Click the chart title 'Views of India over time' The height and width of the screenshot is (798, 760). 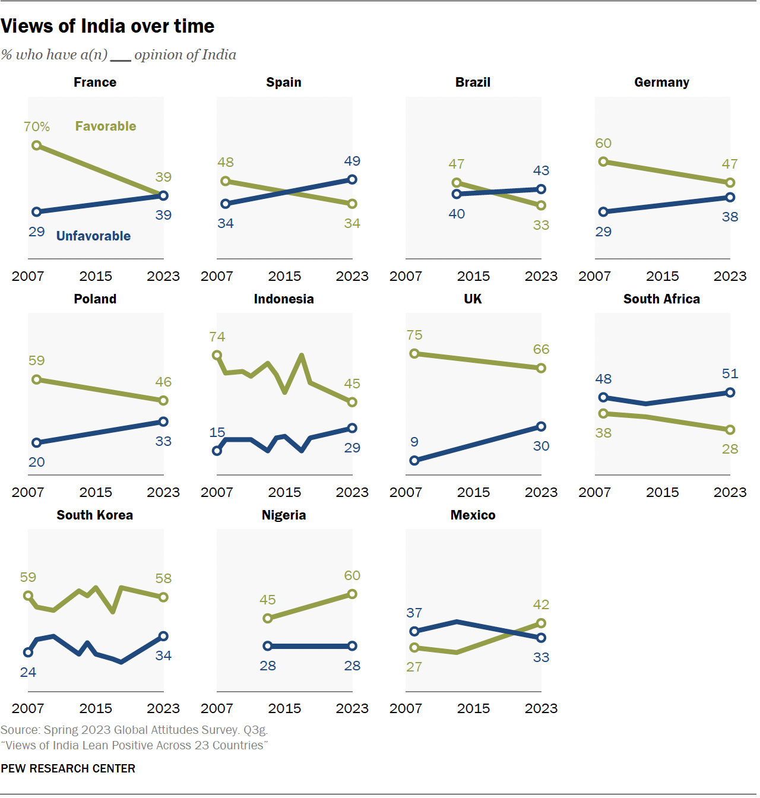(x=107, y=26)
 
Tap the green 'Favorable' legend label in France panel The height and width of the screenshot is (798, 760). (x=106, y=126)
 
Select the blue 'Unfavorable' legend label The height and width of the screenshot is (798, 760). (x=93, y=236)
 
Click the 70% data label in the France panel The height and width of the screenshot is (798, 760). (x=36, y=126)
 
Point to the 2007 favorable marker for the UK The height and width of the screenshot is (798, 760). (x=414, y=354)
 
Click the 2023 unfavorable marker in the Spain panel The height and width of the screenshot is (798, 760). (x=352, y=179)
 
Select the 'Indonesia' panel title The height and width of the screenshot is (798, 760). (x=284, y=299)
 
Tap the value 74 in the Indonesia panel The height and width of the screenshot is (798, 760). (x=217, y=337)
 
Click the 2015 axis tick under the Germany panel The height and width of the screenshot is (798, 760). (x=662, y=276)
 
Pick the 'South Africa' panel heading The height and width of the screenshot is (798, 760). (x=661, y=299)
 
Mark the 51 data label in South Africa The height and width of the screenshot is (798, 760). (x=730, y=373)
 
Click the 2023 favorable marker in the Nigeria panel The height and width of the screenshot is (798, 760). (x=352, y=594)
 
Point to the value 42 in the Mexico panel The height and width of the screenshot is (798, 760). (x=541, y=604)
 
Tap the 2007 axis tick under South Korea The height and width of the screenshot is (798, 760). (x=28, y=708)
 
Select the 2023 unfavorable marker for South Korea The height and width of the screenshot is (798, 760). (x=163, y=636)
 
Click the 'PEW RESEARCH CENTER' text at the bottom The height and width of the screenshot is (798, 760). (x=68, y=768)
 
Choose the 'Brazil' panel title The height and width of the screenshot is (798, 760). (x=473, y=82)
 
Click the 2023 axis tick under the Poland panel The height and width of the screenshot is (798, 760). (x=163, y=492)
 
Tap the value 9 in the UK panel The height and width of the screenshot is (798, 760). (x=414, y=442)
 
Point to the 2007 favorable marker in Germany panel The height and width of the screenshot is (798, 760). (x=603, y=161)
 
